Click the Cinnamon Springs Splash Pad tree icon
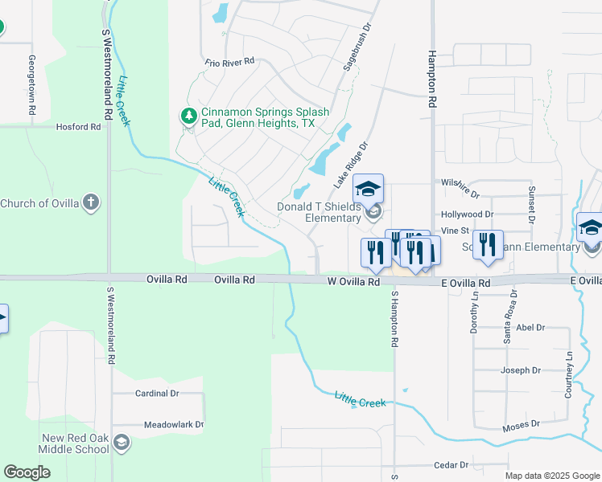tap(189, 117)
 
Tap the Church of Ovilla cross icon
tap(92, 202)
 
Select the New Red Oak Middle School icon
tap(121, 443)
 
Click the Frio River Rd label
tap(229, 61)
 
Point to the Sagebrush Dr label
tap(358, 47)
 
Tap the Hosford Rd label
tap(78, 127)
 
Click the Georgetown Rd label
tap(32, 86)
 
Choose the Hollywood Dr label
tap(467, 214)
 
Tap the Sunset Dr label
tap(531, 203)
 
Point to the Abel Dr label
tap(530, 327)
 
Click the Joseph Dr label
tap(521, 370)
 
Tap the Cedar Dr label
tap(451, 465)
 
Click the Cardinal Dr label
tap(157, 394)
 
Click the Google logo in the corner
tap(27, 472)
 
